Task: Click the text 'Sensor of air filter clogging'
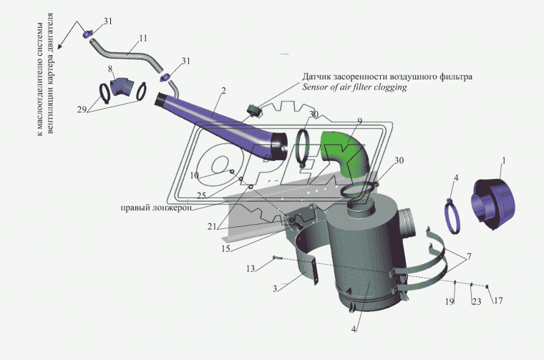pos(354,87)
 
